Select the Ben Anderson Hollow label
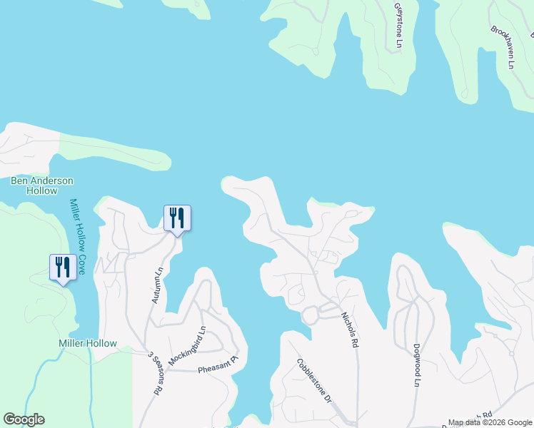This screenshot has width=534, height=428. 42,185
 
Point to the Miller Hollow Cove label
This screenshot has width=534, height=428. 77,237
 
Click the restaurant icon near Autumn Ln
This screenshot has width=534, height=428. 177,218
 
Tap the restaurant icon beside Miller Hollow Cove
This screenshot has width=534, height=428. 63,267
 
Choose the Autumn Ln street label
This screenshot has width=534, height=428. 158,285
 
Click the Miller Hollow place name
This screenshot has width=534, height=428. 87,343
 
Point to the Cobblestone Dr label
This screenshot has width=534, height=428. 315,380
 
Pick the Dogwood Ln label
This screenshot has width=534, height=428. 416,365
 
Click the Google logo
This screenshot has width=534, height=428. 24,419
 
